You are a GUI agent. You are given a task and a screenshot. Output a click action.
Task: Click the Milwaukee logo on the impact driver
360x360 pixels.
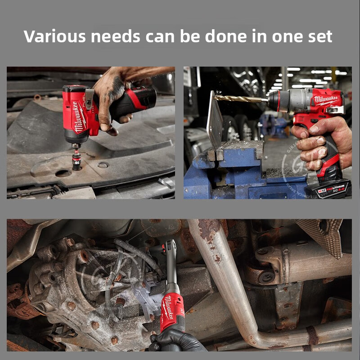[80, 117]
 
